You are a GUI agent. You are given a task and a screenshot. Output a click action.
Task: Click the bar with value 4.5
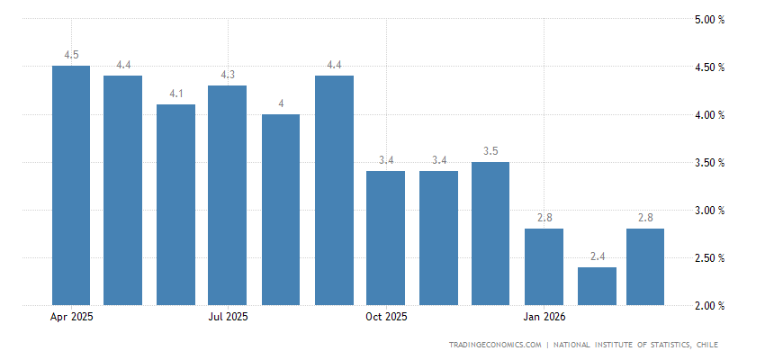click(71, 185)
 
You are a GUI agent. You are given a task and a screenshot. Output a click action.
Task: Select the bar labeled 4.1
click(175, 204)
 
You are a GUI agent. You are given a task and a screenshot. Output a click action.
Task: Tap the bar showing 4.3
click(227, 195)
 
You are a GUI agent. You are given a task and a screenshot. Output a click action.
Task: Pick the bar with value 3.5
click(490, 233)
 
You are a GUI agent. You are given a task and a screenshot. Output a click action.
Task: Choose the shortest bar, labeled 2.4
click(597, 286)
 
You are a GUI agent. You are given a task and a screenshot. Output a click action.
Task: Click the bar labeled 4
click(281, 210)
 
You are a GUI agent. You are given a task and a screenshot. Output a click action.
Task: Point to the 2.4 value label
click(597, 256)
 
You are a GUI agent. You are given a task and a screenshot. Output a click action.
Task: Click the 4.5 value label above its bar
click(71, 55)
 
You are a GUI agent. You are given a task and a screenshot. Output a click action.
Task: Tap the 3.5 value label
click(490, 151)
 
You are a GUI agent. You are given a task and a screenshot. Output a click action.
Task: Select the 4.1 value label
click(175, 94)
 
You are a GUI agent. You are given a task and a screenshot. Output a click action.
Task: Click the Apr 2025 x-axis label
click(72, 317)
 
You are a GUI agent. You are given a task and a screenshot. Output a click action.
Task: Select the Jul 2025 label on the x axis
click(228, 317)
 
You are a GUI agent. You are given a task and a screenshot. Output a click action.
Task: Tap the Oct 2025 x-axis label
click(386, 317)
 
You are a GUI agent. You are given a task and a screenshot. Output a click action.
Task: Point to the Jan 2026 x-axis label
click(544, 317)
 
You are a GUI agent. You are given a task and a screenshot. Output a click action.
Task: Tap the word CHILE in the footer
click(705, 345)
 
